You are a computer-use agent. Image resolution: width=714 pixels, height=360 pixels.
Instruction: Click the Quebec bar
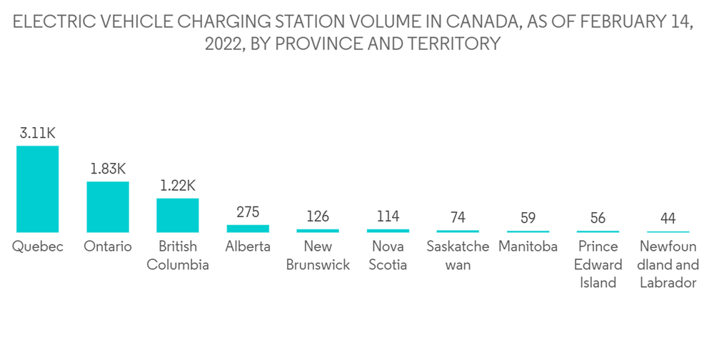38,189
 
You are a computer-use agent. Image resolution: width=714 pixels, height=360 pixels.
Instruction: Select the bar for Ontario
108,206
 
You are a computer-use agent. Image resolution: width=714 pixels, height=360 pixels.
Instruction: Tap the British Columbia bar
178,215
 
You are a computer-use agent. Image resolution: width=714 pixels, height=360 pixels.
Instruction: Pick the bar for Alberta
248,229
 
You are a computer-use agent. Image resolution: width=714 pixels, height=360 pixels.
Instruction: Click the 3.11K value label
38,133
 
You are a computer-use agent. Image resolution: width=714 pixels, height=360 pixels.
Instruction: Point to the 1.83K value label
108,169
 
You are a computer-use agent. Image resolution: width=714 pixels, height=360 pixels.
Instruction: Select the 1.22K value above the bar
178,186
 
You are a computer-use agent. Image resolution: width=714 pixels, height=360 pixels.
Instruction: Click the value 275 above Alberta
248,212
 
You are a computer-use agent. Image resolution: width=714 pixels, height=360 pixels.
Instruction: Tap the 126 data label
318,216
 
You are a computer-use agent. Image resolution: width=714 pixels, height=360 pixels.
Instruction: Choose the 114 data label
388,216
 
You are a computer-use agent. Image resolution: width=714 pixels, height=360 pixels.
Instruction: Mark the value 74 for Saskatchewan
458,217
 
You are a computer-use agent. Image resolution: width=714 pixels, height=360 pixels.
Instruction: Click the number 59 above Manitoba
528,218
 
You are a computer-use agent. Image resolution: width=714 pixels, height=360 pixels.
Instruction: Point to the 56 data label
598,218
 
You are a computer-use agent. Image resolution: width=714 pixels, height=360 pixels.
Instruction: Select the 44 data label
668,219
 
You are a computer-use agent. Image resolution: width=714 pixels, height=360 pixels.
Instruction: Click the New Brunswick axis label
318,256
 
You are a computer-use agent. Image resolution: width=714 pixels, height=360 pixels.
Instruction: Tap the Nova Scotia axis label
388,256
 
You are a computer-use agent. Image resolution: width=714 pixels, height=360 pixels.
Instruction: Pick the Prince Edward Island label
598,264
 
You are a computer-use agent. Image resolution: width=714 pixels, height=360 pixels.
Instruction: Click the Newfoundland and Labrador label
668,264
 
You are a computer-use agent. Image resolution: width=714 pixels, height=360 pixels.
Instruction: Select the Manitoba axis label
528,247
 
